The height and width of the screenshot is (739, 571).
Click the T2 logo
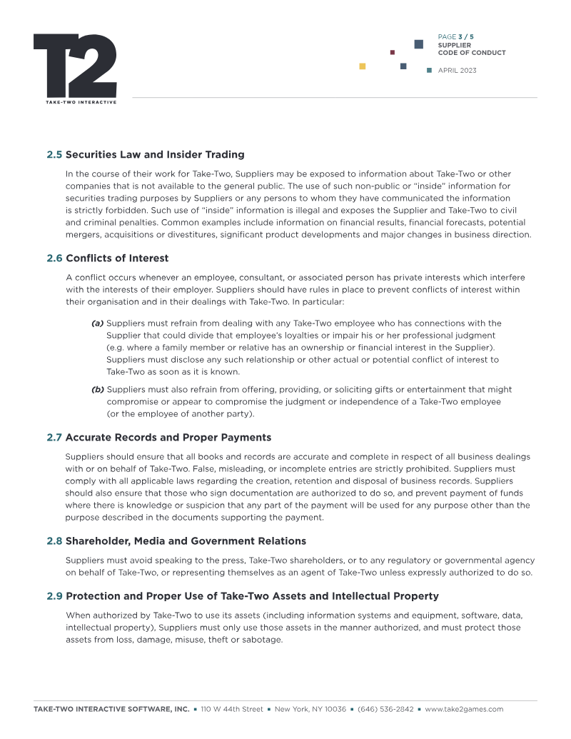tap(75, 66)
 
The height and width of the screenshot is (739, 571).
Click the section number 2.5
tap(54, 154)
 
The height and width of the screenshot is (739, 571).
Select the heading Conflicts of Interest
tap(117, 258)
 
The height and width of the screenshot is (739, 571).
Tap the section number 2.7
tap(54, 437)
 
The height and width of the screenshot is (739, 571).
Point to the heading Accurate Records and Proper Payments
tap(168, 437)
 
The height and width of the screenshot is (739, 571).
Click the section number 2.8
tap(54, 541)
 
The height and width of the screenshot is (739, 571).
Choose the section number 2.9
tap(54, 595)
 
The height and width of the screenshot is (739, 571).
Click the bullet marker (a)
tap(98, 323)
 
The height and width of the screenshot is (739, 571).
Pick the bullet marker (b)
tap(98, 390)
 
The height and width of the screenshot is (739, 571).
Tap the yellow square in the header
tap(363, 66)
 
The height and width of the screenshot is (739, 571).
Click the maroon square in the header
tap(393, 52)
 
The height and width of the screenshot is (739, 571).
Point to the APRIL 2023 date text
tap(457, 71)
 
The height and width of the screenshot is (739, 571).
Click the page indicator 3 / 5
tap(466, 36)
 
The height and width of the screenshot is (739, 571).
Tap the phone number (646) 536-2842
tap(385, 709)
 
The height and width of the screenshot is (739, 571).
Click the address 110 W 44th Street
tap(232, 709)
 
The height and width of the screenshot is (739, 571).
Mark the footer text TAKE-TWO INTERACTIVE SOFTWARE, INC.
tap(111, 709)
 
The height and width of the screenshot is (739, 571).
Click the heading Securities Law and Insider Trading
tap(155, 154)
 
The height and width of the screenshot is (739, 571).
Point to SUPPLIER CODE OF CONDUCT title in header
tap(471, 49)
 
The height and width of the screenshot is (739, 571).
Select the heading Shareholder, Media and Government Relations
tap(186, 541)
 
